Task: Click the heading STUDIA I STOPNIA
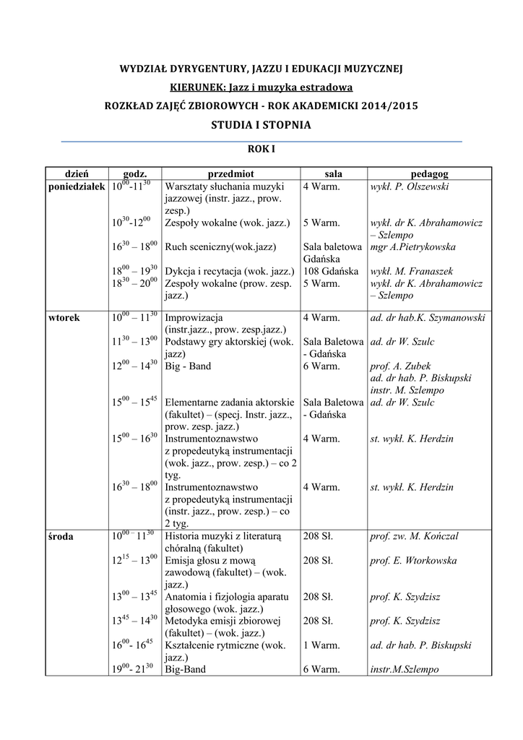261,124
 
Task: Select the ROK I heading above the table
261,149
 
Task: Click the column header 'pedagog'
430,174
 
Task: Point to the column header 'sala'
334,174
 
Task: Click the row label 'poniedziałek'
77,186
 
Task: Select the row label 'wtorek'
64,317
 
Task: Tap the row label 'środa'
62,536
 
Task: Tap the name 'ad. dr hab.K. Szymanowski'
428,317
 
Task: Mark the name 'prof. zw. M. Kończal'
414,536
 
